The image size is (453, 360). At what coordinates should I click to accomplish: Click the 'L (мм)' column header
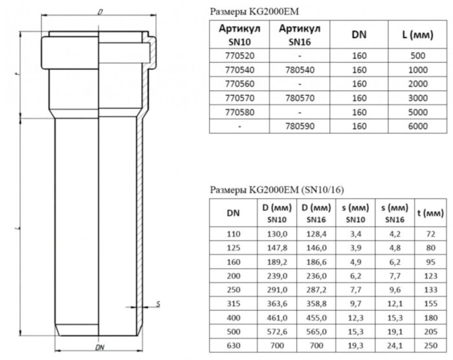pyautogui.click(x=417, y=34)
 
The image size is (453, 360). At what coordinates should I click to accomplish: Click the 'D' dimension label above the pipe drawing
pyautogui.click(x=101, y=12)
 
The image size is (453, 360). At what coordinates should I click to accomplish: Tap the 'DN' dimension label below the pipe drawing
pyautogui.click(x=100, y=348)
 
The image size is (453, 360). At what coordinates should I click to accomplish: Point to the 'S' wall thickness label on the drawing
pyautogui.click(x=159, y=302)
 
